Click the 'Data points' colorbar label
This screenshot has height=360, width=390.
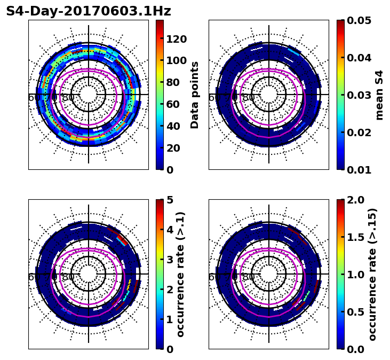pos(195,95)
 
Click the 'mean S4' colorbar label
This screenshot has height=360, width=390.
pos(379,95)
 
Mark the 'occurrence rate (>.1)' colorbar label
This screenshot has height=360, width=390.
pos(180,274)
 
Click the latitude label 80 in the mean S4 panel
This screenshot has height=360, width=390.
pos(249,98)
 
